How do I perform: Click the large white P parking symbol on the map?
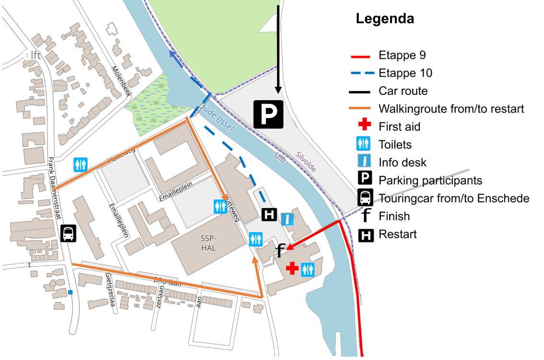click(x=268, y=115)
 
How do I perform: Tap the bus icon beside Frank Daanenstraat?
click(x=68, y=234)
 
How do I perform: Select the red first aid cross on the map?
click(x=291, y=268)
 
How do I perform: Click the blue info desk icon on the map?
click(x=287, y=220)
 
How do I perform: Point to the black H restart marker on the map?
click(x=269, y=216)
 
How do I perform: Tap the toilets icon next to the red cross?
click(x=307, y=269)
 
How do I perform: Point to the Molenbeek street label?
click(x=121, y=81)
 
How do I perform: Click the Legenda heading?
click(x=385, y=20)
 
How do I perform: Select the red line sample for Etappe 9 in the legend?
click(x=360, y=56)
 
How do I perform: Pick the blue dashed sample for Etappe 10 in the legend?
click(x=360, y=73)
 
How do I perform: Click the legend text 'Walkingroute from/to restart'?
click(x=451, y=109)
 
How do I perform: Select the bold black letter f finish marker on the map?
click(x=281, y=250)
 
